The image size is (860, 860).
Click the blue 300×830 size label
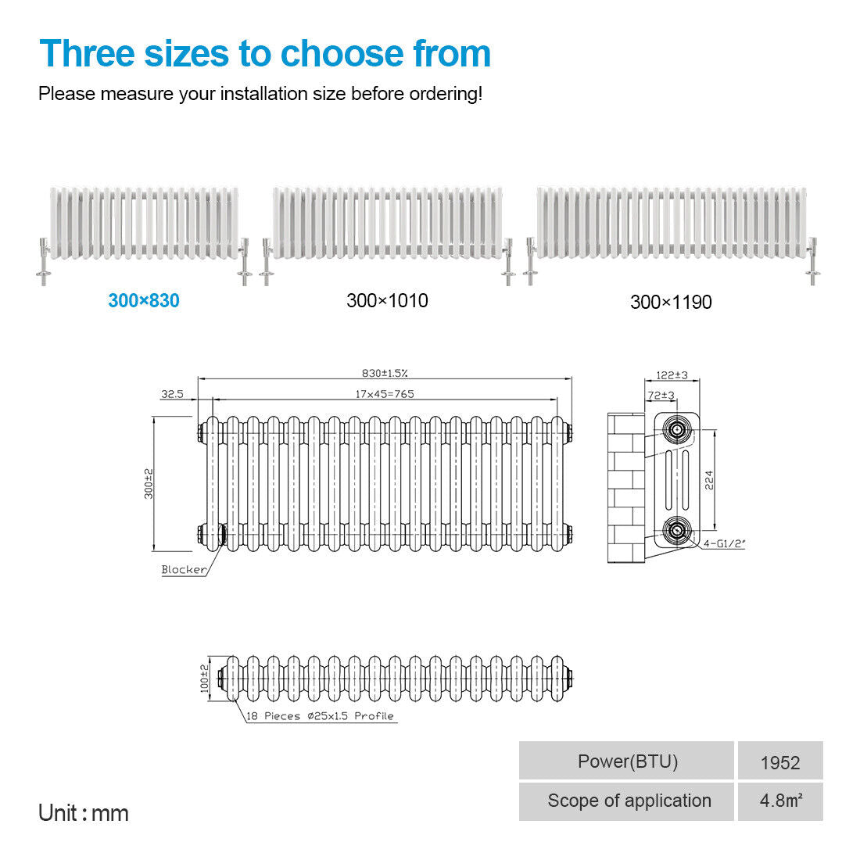pyautogui.click(x=144, y=300)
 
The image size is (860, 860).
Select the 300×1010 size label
pyautogui.click(x=387, y=300)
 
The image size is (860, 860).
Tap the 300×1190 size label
pyautogui.click(x=671, y=303)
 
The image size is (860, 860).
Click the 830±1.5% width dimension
pyautogui.click(x=385, y=373)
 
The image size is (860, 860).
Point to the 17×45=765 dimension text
pyautogui.click(x=385, y=394)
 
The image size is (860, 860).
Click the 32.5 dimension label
pyautogui.click(x=172, y=394)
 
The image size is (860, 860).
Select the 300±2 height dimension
pyautogui.click(x=149, y=484)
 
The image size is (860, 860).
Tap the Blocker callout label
pyautogui.click(x=184, y=569)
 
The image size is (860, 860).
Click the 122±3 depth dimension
pyautogui.click(x=672, y=375)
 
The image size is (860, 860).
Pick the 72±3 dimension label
pyautogui.click(x=661, y=395)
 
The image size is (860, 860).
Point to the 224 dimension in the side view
pyautogui.click(x=709, y=480)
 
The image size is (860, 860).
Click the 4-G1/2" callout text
pyautogui.click(x=724, y=543)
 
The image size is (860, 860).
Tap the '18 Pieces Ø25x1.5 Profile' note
pyautogui.click(x=320, y=715)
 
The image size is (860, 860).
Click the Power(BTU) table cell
pyautogui.click(x=626, y=760)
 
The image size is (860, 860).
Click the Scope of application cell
pyautogui.click(x=626, y=801)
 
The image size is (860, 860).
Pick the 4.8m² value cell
pyautogui.click(x=780, y=801)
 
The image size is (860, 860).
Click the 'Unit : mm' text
pyautogui.click(x=84, y=813)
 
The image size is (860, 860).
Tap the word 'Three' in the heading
pyautogui.click(x=88, y=54)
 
